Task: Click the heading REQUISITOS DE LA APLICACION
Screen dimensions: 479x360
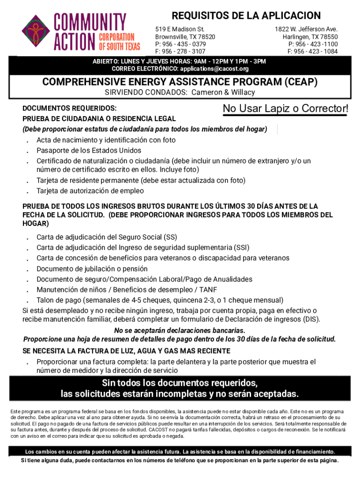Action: pyautogui.click(x=246, y=15)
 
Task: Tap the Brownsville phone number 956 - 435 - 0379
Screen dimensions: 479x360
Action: pyautogui.click(x=184, y=44)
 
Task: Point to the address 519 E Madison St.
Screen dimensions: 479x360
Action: pyautogui.click(x=180, y=29)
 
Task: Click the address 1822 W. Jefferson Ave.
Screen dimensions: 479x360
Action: pyautogui.click(x=306, y=29)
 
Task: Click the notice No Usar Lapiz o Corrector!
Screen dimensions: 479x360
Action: pyautogui.click(x=286, y=109)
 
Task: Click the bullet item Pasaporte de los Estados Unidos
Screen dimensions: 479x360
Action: pyautogui.click(x=89, y=150)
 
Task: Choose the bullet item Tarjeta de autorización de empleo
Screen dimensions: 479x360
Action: pyautogui.click(x=90, y=191)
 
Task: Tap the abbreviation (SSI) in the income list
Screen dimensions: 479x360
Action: pyautogui.click(x=242, y=247)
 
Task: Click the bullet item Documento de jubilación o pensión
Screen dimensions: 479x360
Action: pyautogui.click(x=92, y=269)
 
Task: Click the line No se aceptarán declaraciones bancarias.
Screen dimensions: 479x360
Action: pyautogui.click(x=180, y=331)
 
